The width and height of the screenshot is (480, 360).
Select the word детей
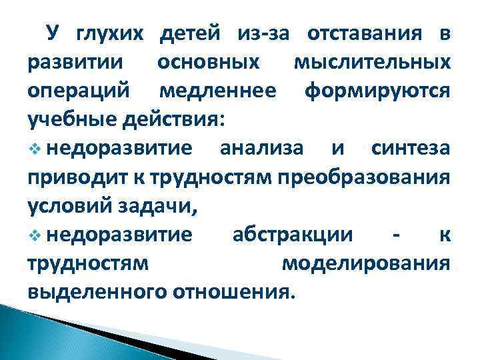(x=191, y=33)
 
